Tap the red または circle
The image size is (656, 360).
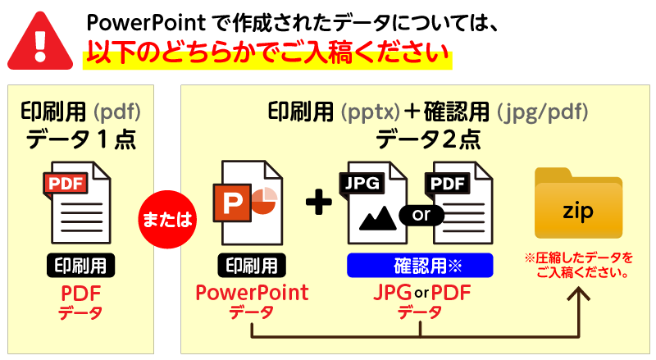point(167,219)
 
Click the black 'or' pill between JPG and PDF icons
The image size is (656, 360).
point(421,215)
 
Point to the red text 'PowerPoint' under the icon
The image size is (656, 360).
point(253,292)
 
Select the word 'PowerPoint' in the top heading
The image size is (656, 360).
point(139,21)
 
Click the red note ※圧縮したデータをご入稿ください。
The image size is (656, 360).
point(580,265)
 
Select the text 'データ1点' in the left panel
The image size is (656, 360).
point(80,139)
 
